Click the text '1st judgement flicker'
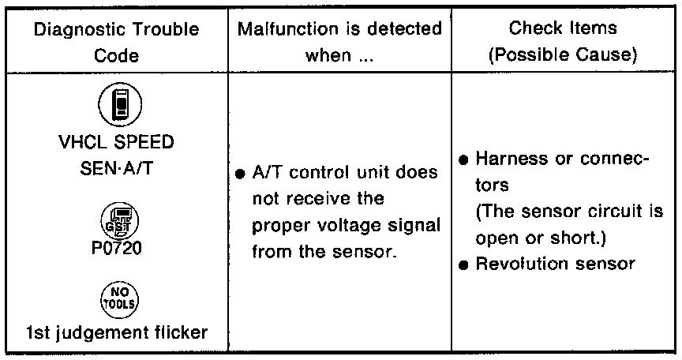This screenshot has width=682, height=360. coord(114,332)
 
